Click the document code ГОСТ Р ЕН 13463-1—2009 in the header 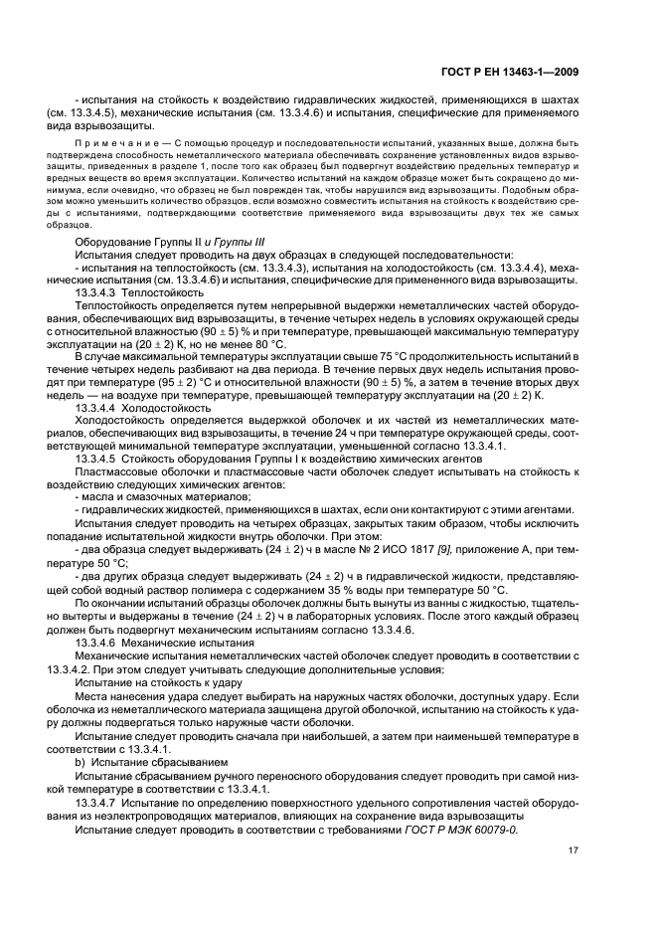pos(510,70)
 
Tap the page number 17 pos(574,849)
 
